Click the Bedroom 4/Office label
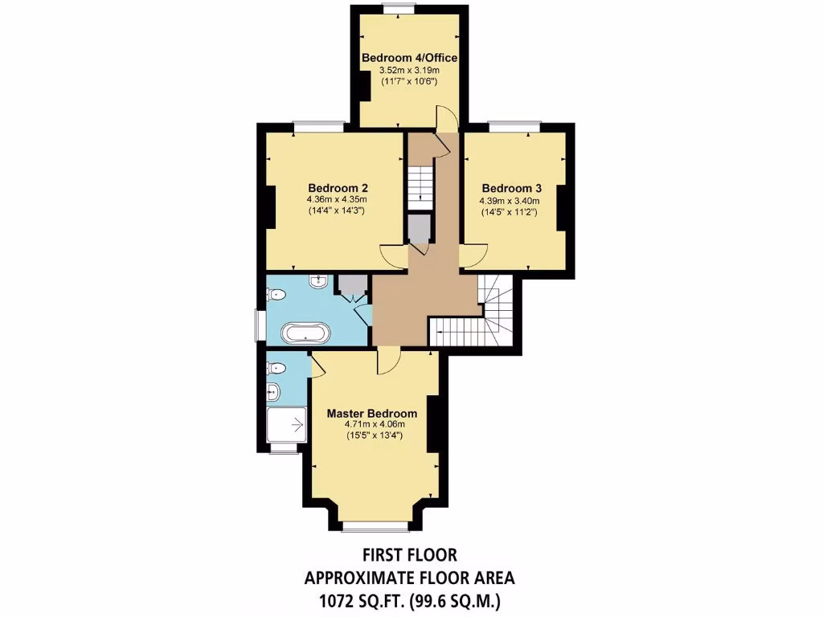(409, 58)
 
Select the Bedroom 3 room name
(511, 189)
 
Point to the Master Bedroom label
(371, 414)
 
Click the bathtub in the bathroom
(305, 333)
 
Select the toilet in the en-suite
(276, 369)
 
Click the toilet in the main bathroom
(276, 295)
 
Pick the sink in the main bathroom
(319, 280)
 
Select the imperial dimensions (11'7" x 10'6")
(409, 81)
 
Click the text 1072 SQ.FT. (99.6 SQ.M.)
(409, 599)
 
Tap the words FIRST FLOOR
(409, 555)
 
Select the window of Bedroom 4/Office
(398, 9)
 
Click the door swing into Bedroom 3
(474, 254)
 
